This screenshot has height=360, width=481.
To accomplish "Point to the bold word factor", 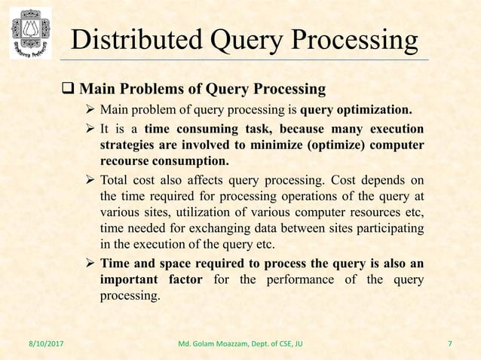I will pos(180,281).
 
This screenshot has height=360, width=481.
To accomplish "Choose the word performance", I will pos(305,281).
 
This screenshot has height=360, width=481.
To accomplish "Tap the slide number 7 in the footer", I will pos(450,346).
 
